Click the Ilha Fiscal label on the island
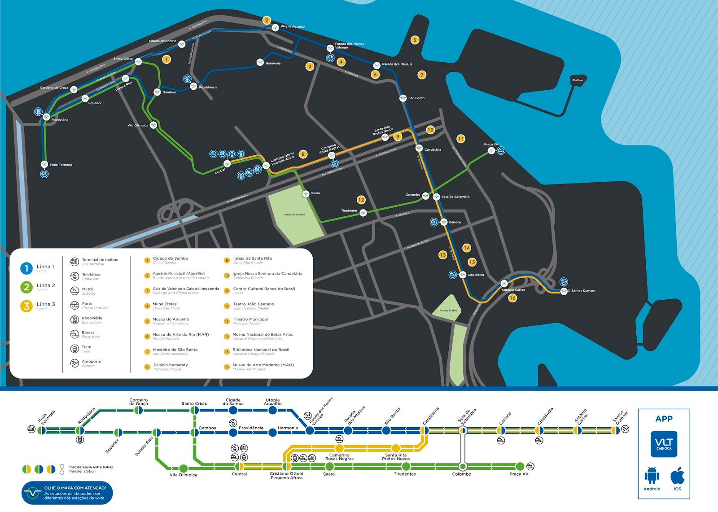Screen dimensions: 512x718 (x=578, y=80)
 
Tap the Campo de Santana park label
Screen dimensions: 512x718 (x=294, y=214)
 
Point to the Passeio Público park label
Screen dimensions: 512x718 (x=448, y=311)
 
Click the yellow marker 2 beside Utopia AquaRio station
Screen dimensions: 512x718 (x=267, y=20)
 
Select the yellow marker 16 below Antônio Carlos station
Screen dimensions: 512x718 (x=512, y=298)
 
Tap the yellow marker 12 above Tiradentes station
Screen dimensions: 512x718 (x=361, y=200)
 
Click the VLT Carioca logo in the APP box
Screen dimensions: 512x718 (x=664, y=444)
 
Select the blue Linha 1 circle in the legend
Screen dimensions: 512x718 (x=26, y=268)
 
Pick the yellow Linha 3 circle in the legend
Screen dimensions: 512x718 (x=26, y=306)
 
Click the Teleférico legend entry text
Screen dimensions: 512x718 (x=91, y=275)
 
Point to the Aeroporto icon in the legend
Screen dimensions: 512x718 (x=75, y=363)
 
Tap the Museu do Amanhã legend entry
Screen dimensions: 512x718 (x=171, y=319)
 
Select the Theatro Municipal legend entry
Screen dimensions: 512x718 (x=250, y=319)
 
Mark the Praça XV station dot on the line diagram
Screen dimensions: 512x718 (x=520, y=466)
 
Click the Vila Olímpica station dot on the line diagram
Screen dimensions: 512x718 (x=183, y=468)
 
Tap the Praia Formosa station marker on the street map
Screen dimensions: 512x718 (x=44, y=164)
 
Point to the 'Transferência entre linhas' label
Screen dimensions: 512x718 (x=91, y=467)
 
